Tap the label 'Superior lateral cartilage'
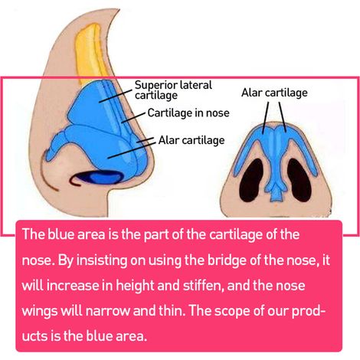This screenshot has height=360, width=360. (x=173, y=90)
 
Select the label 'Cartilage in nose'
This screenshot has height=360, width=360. (x=188, y=113)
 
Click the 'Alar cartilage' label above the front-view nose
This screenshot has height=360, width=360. (x=274, y=93)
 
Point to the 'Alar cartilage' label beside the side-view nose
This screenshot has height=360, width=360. (x=191, y=140)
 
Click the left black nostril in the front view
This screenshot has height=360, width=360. (x=251, y=180)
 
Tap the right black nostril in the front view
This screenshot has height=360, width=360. (x=299, y=180)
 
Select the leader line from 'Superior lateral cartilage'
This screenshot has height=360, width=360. (x=115, y=96)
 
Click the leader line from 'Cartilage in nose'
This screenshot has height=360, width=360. (x=133, y=117)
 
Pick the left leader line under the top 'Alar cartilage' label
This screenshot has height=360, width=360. (x=266, y=118)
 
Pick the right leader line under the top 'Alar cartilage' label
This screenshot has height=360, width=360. (x=283, y=117)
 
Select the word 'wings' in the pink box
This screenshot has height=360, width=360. (x=40, y=312)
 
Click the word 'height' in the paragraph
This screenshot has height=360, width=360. (x=135, y=286)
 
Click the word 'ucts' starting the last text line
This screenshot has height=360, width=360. (x=34, y=336)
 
